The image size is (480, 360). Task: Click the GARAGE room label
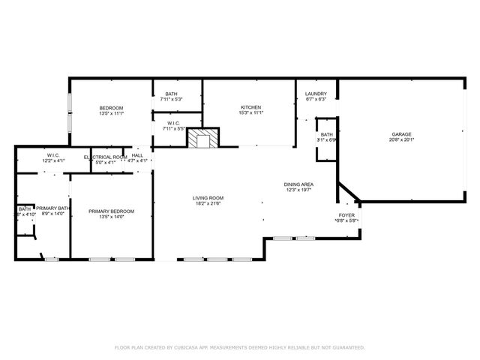click(401, 134)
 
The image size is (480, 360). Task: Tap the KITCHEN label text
click(250, 107)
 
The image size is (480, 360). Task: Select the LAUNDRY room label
click(316, 94)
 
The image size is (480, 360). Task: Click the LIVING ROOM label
click(208, 198)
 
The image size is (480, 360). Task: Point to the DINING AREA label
click(298, 184)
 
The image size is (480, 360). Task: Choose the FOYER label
click(346, 215)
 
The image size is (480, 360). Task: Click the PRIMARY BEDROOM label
click(111, 211)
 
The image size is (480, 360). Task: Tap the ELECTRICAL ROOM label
click(105, 157)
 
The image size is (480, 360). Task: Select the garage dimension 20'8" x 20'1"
click(401, 139)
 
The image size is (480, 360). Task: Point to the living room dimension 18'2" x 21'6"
click(208, 203)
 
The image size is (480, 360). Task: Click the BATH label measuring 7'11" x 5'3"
click(172, 94)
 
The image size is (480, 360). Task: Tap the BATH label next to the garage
click(326, 134)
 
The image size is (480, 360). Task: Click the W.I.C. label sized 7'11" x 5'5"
click(173, 124)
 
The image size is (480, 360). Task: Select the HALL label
click(137, 157)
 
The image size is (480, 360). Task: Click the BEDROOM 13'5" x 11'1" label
click(111, 108)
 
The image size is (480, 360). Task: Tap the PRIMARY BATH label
click(53, 208)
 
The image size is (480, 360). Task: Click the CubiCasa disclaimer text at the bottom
click(239, 347)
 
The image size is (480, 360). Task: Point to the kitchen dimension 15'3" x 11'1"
click(250, 112)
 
